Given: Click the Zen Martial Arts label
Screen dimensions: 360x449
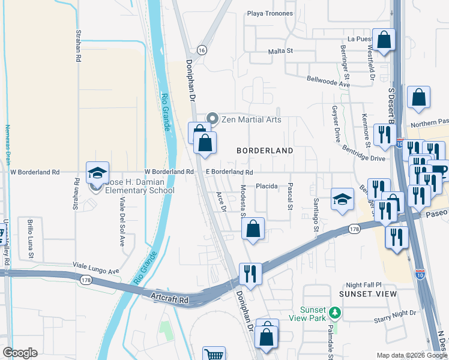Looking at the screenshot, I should point(252,119).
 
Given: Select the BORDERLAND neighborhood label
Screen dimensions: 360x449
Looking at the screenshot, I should point(265,151).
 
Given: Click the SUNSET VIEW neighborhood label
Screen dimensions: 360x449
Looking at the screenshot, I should point(368,294).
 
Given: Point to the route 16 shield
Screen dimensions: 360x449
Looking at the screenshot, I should point(202,50).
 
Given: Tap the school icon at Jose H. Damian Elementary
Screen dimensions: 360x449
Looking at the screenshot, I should point(97,173).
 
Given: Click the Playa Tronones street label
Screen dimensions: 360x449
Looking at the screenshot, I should point(270,13).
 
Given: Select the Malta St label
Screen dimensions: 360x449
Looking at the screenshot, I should point(280,51).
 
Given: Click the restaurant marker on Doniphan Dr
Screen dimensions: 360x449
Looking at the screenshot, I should point(250,273).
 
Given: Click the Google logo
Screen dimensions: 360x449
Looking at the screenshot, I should point(20,353).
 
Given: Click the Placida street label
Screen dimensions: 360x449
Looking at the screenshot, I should point(267,186).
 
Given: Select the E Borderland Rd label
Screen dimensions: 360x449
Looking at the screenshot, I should point(229,172).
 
